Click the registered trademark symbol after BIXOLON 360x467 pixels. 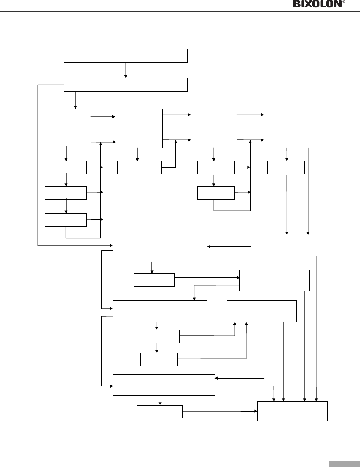tap(343, 2)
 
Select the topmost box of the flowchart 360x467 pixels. tap(126, 56)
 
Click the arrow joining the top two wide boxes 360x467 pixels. tap(126, 70)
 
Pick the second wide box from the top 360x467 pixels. tap(126, 85)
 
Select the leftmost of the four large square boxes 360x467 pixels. tap(68, 127)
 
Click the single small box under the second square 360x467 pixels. tap(139, 168)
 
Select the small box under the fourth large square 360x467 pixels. tap(286, 168)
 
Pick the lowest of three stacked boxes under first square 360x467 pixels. tap(66, 220)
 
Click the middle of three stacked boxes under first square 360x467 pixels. tap(66, 193)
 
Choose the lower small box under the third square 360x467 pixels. tap(216, 193)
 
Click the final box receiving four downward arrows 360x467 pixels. tap(293, 411)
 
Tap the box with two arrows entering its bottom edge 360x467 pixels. tap(262, 311)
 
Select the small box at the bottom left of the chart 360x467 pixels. tap(160, 412)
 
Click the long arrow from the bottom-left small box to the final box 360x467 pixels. tap(219, 411)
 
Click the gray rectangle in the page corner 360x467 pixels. tap(345, 464)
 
